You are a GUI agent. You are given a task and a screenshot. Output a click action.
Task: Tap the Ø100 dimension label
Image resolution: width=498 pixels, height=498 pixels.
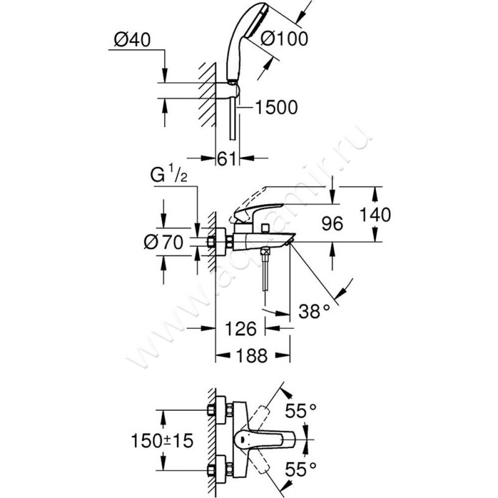tap(284, 39)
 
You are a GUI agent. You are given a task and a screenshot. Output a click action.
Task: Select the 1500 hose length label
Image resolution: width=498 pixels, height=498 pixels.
tap(276, 107)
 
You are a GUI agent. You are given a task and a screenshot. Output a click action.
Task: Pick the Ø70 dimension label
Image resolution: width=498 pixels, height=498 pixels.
tap(162, 243)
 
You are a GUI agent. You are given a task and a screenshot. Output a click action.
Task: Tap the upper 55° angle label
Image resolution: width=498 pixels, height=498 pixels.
tap(302, 410)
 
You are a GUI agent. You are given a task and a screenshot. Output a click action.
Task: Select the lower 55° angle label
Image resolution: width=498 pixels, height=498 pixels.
tap(302, 467)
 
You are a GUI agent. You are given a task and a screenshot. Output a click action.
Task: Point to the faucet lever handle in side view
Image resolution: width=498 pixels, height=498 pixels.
tap(261, 203)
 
